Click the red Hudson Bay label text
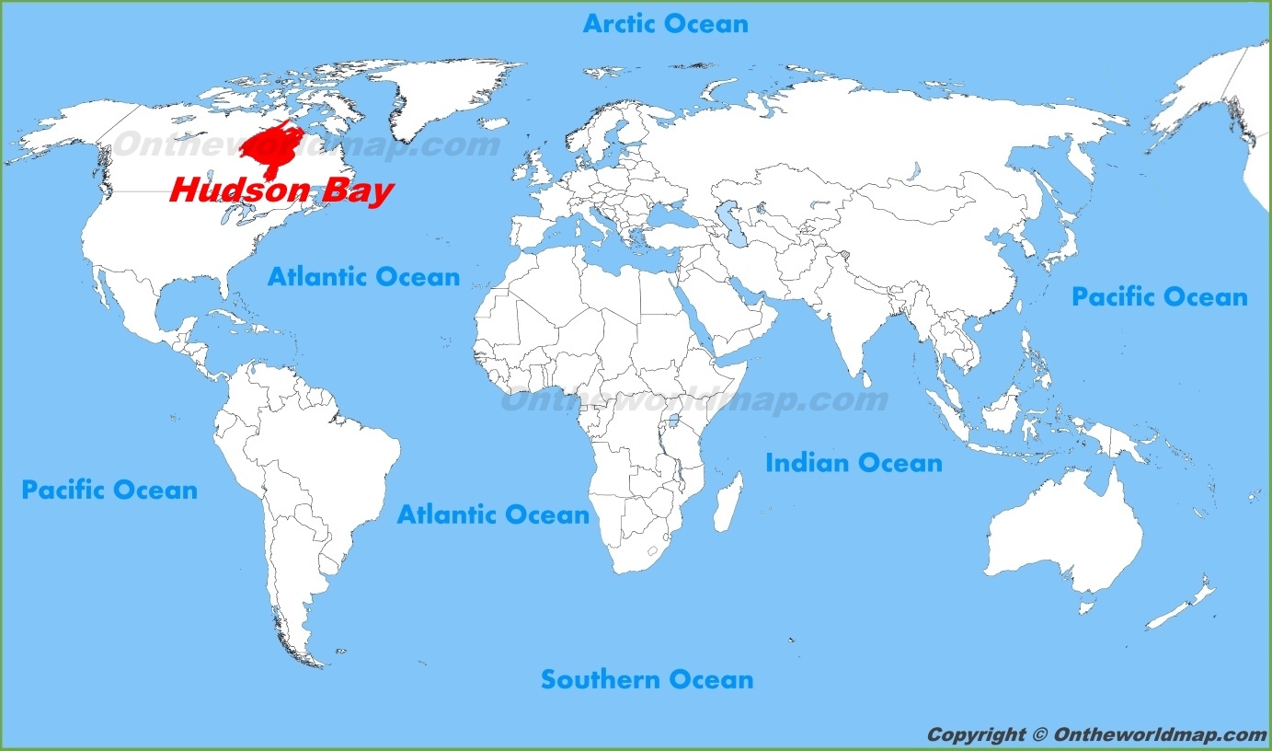pos(281,191)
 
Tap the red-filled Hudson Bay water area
pos(270,147)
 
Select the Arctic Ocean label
pos(665,24)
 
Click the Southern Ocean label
pos(647,680)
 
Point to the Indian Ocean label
pos(854,463)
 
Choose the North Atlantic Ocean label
pos(363,276)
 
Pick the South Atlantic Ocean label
pos(493,514)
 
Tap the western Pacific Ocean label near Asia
pos(1159,297)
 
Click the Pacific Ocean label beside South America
pos(109,490)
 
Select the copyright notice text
pos(1096,734)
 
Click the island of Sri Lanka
pos(865,375)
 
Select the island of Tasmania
pos(1087,607)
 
